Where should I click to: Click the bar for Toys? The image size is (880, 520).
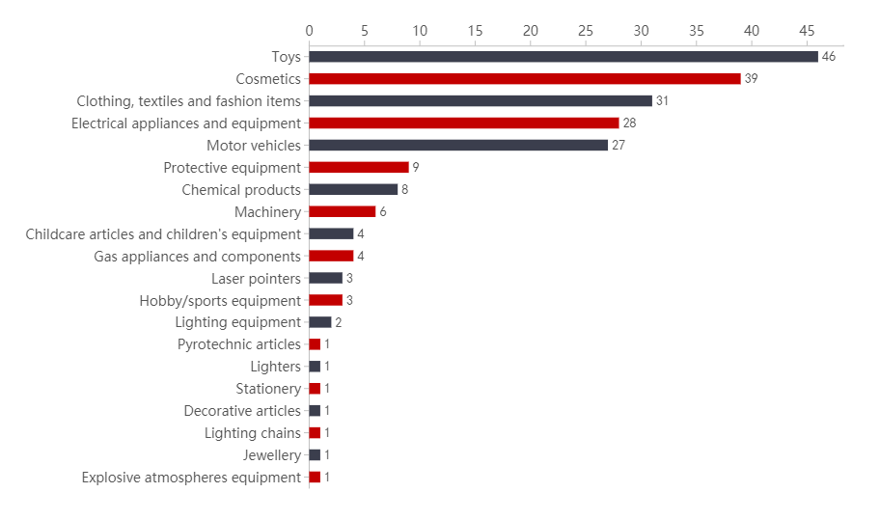pos(563,57)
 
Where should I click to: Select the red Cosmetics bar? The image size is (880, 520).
pos(524,79)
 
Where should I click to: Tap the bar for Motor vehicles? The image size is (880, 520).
pos(458,146)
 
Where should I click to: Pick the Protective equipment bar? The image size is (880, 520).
pos(358,168)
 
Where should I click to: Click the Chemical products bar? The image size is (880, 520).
pos(353,190)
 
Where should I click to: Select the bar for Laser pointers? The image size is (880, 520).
pos(325,279)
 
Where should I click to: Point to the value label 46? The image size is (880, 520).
pos(829,57)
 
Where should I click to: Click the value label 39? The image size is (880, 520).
pos(751,79)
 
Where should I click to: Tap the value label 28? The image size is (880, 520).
pos(629,123)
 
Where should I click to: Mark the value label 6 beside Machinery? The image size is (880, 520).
pos(383,212)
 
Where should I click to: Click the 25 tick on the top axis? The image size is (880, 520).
pos(586,31)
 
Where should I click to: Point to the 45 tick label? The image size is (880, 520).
pos(808,31)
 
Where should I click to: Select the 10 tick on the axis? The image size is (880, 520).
pos(420,31)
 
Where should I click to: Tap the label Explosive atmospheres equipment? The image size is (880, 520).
pos(191,478)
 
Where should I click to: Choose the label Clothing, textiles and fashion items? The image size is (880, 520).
pos(189,101)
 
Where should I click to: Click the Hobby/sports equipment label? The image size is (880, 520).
pos(220,301)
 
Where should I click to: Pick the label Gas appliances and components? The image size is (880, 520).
pos(198,257)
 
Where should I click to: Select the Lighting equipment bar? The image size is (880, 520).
pos(319,322)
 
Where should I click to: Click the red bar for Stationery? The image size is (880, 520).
pos(315,389)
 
